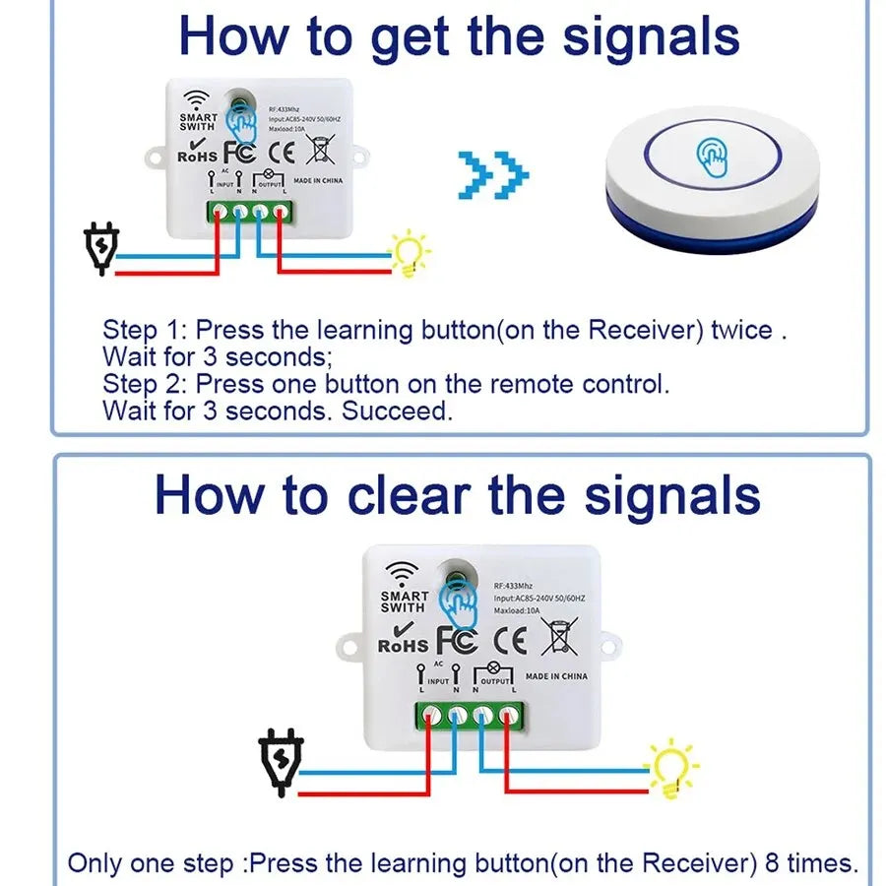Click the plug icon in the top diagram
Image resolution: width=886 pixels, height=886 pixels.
pyautogui.click(x=102, y=246)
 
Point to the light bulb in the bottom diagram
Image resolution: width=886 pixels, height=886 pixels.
pyautogui.click(x=671, y=767)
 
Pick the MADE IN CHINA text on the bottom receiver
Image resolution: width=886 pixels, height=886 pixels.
pyautogui.click(x=556, y=676)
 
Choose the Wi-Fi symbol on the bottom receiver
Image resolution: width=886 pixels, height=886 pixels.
pyautogui.click(x=402, y=571)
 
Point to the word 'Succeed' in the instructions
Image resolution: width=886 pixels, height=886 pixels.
pyautogui.click(x=397, y=411)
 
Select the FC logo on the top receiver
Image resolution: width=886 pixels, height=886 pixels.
pyautogui.click(x=240, y=153)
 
